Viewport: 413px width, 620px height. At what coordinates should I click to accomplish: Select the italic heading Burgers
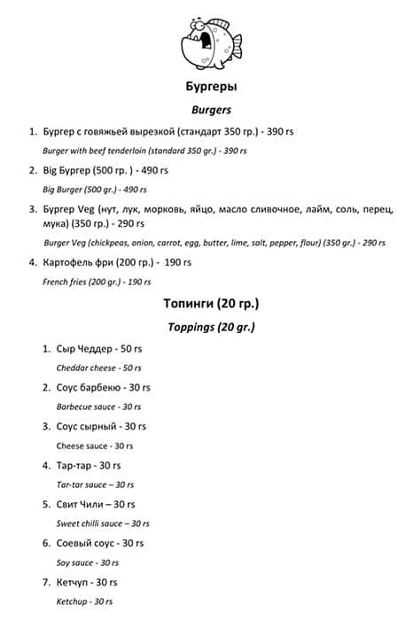(x=210, y=111)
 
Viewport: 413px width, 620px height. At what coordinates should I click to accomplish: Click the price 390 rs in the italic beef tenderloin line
(x=235, y=151)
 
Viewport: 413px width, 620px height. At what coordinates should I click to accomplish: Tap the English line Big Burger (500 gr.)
(x=82, y=190)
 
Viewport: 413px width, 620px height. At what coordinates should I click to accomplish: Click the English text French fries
(x=66, y=282)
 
